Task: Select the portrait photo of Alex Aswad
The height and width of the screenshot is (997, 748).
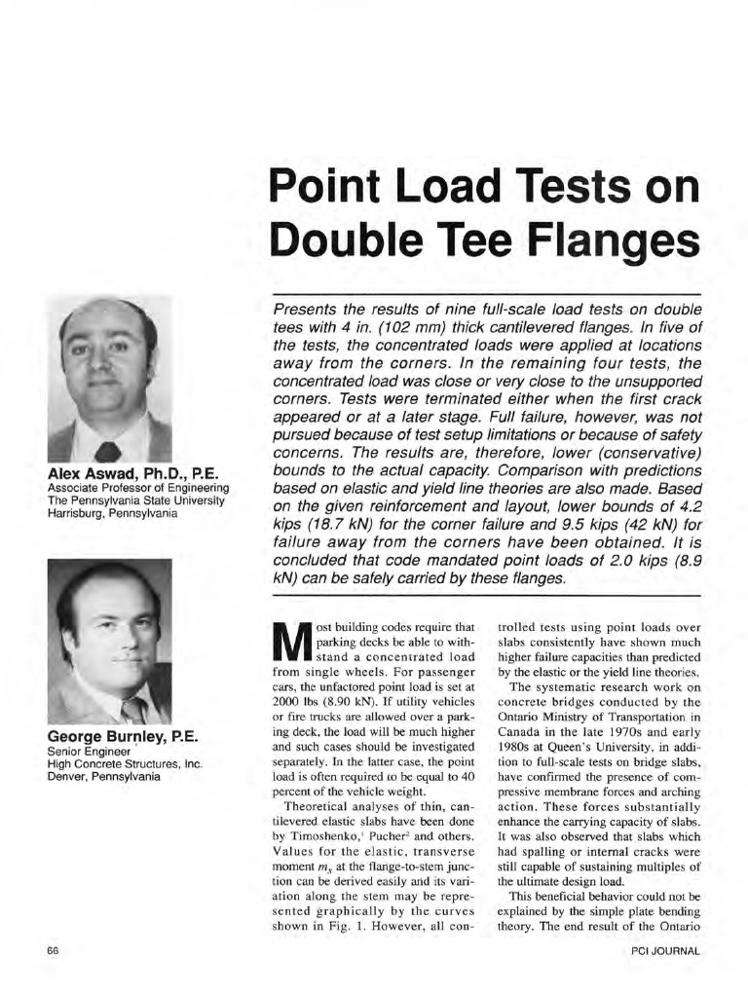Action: (109, 379)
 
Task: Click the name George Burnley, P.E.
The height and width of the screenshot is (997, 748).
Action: (123, 737)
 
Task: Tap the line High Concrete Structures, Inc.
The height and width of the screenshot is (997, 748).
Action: (125, 763)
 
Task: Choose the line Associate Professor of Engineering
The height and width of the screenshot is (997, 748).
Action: (137, 488)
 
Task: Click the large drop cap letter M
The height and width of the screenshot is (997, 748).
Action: (292, 644)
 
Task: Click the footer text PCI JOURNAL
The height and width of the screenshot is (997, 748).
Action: (666, 951)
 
